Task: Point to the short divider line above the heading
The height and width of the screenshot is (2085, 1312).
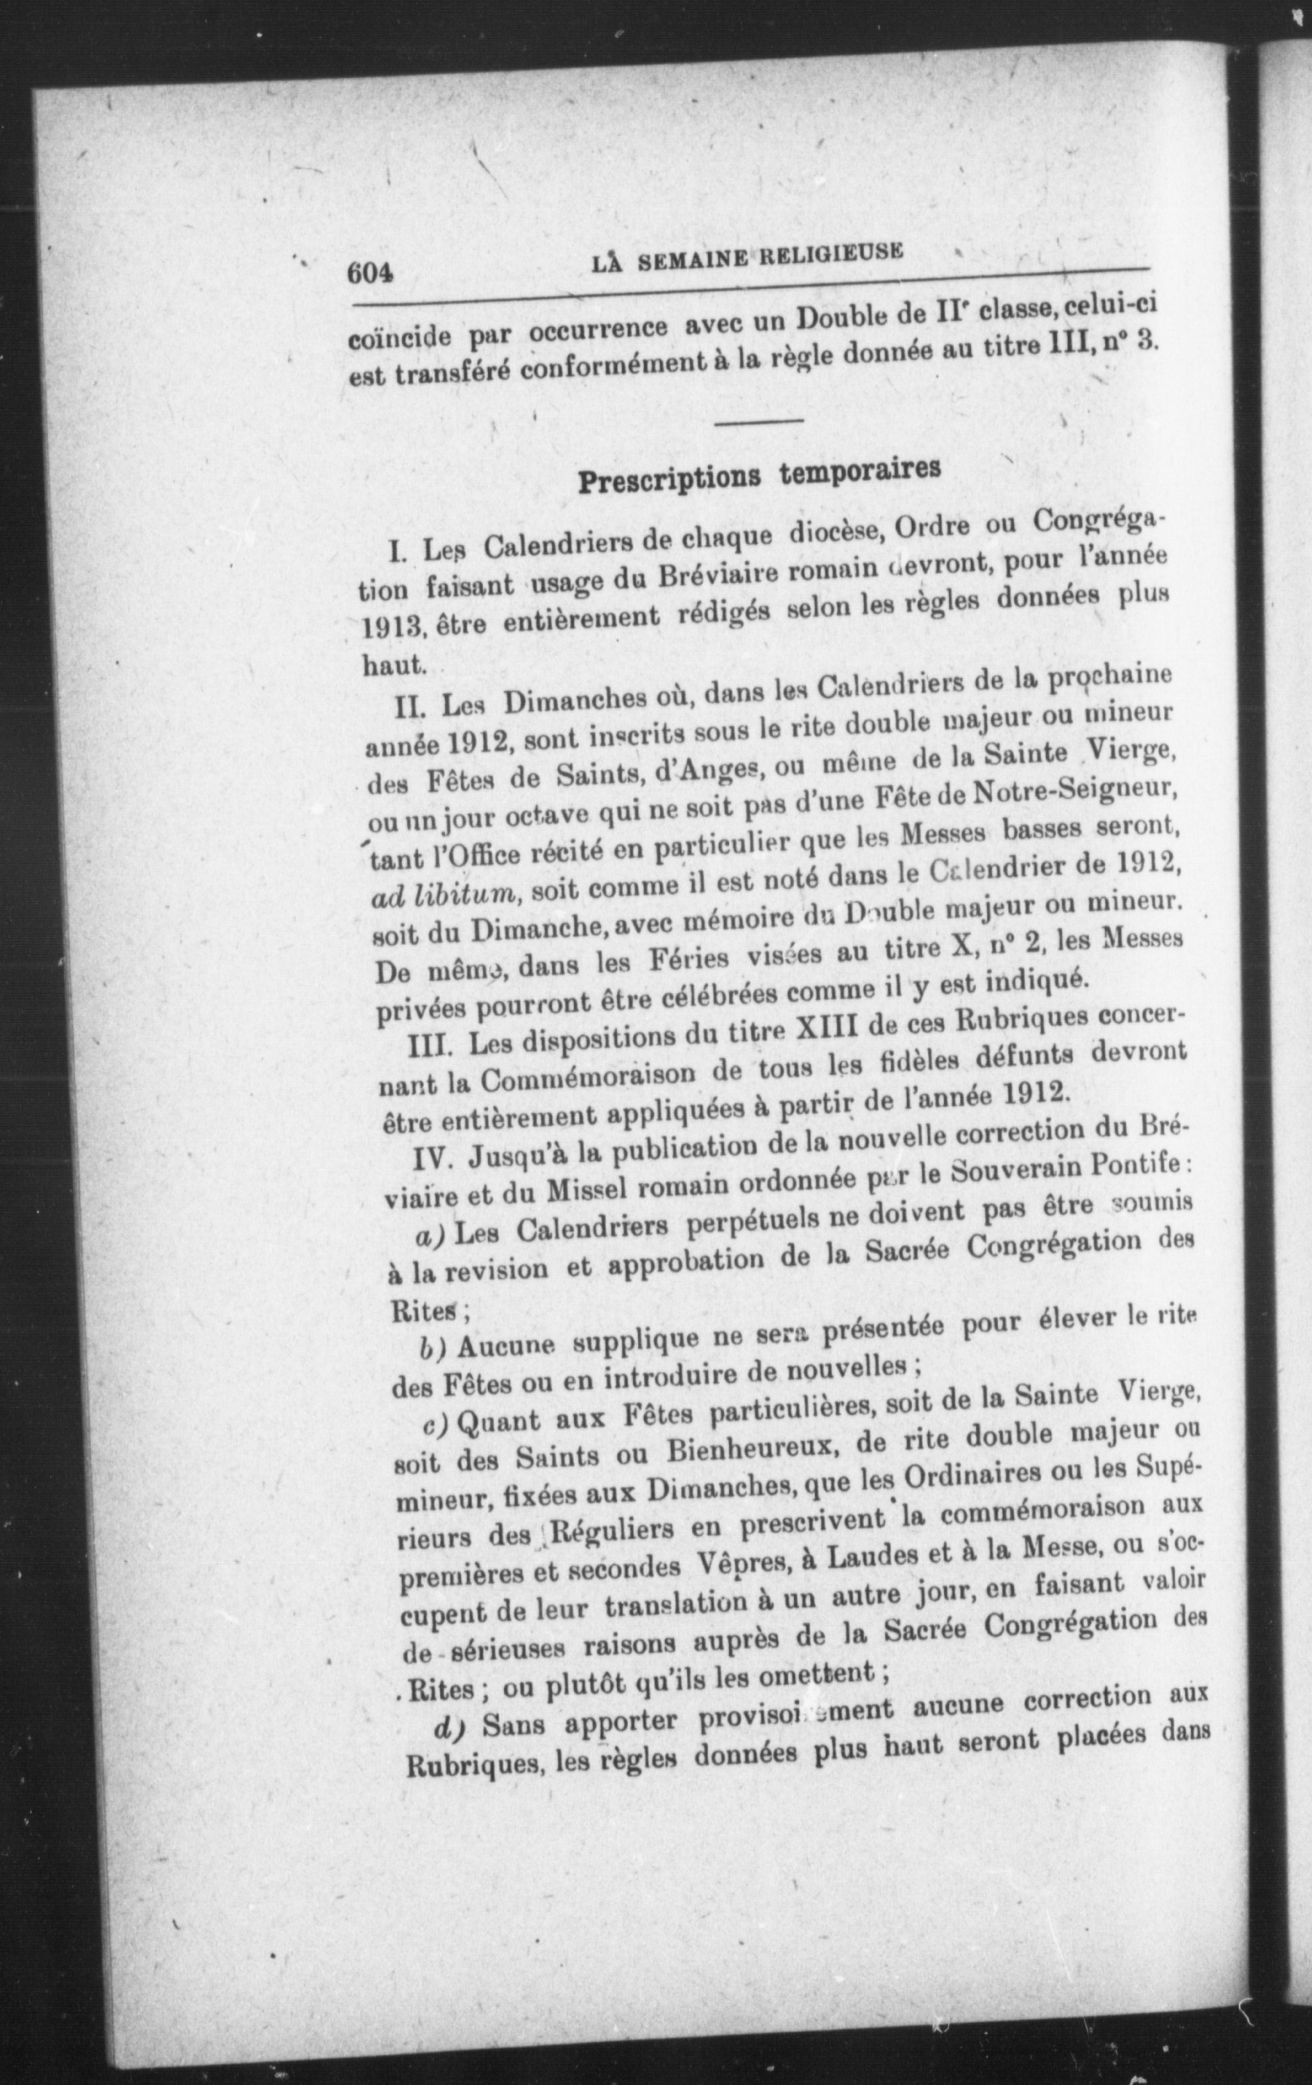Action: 759,421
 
